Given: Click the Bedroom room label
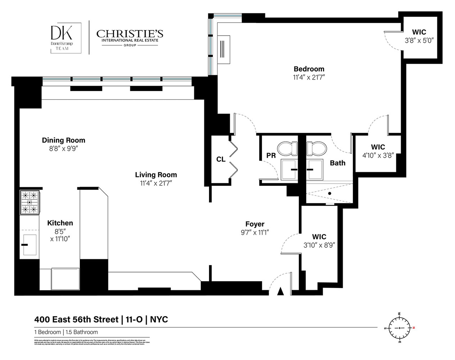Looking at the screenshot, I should (x=309, y=69).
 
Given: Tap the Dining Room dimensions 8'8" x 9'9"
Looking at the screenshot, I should (x=64, y=148).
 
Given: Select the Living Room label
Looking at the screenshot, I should (x=156, y=175).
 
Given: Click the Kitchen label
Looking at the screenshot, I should (x=60, y=223).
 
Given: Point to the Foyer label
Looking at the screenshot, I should (x=255, y=224).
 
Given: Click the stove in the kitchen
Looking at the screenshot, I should (x=29, y=202).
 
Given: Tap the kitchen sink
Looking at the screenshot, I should (x=29, y=245).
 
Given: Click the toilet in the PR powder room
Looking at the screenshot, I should (x=287, y=148).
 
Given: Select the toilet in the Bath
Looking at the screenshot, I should (x=315, y=148).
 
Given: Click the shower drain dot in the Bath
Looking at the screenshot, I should (x=329, y=193).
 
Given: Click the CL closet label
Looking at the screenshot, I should (x=221, y=159).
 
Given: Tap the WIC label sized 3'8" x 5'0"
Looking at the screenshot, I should (x=419, y=32).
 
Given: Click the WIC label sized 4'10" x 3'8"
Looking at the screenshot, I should (x=378, y=147).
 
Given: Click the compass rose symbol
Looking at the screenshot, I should (x=399, y=328).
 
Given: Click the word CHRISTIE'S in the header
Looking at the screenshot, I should (x=129, y=34).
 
